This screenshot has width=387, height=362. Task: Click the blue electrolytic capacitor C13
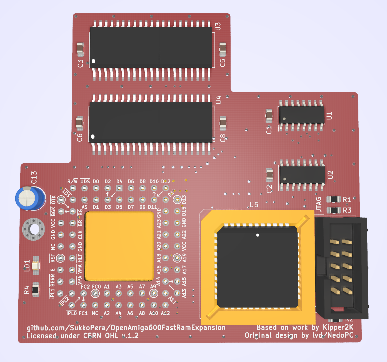[x=30, y=198]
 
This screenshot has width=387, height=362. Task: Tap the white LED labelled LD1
[x=36, y=266]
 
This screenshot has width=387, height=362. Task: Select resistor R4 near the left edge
[x=36, y=290]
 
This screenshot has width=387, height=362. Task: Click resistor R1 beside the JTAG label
[x=334, y=199]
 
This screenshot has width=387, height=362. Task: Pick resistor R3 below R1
[x=334, y=210]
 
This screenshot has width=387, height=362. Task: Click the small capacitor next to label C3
[x=80, y=49]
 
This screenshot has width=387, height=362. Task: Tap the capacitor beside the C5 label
[x=223, y=49]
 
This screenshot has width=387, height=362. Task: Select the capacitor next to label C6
[x=79, y=123]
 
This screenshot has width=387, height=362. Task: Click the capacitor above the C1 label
[x=269, y=115]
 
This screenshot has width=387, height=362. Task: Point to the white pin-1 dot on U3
[x=94, y=61]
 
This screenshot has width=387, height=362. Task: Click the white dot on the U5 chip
[x=258, y=235]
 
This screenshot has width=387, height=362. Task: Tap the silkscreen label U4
[x=218, y=100]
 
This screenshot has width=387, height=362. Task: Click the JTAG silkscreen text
[x=319, y=204]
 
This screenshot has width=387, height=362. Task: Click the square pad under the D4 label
[x=119, y=188]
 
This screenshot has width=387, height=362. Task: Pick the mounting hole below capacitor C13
[x=34, y=229]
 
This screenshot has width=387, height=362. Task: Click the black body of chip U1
[x=302, y=115]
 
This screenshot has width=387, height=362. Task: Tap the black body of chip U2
[x=302, y=175]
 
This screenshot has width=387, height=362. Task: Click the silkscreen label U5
[x=254, y=205]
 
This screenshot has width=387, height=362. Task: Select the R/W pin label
[x=73, y=181]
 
